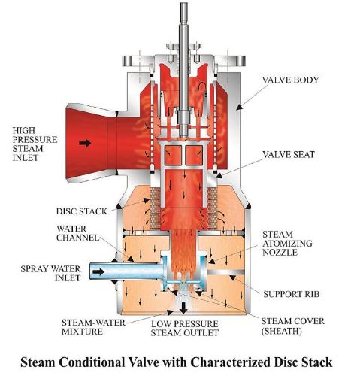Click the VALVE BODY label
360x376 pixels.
point(290,80)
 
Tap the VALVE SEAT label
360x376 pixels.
point(289,154)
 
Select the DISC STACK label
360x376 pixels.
point(82,211)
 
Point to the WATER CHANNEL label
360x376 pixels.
point(77,233)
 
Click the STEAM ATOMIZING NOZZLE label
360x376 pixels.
point(287,244)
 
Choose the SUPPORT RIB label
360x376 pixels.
point(292,294)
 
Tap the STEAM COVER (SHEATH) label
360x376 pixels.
point(293,326)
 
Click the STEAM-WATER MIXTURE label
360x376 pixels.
point(93,327)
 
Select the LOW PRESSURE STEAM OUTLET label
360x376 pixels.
point(185,329)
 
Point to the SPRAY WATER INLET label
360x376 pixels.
point(50,274)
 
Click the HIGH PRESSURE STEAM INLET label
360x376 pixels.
point(35,144)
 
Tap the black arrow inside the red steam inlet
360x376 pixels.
point(85,143)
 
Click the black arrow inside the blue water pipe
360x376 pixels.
point(98,271)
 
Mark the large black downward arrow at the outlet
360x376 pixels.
point(184,308)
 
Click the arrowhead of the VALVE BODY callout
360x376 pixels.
point(240,107)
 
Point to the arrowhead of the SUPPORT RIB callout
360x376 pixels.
point(233,277)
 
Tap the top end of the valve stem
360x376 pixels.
point(184,3)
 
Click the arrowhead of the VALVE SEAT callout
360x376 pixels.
point(219,175)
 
